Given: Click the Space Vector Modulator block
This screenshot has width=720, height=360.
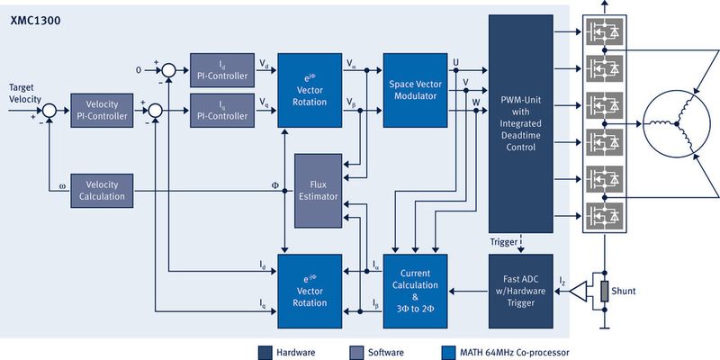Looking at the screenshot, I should pyautogui.click(x=415, y=88).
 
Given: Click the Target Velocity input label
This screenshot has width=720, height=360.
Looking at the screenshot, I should pyautogui.click(x=24, y=93).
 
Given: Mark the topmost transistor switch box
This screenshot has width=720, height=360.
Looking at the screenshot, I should pyautogui.click(x=604, y=31).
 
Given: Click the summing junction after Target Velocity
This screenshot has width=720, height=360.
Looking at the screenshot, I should pyautogui.click(x=49, y=111).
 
